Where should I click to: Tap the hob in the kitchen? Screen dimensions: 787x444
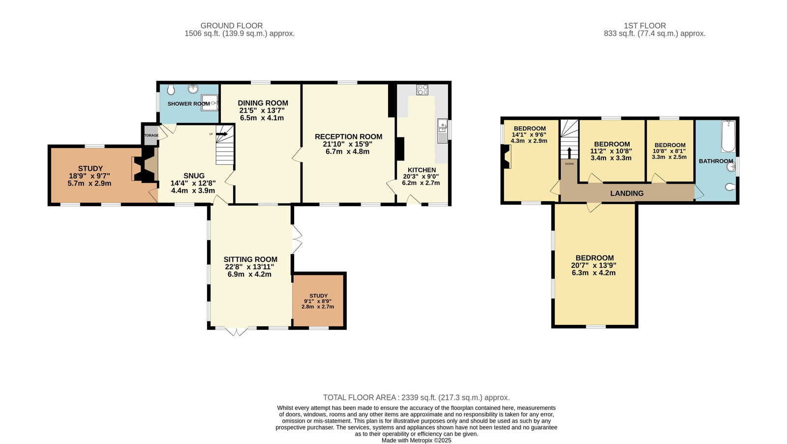pos(423,90)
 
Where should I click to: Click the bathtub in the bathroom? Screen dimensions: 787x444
pos(728,136)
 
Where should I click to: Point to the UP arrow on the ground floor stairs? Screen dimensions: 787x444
pos(222,134)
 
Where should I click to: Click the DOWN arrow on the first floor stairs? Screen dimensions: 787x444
pos(569,153)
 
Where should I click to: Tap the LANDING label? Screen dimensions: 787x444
pos(627,193)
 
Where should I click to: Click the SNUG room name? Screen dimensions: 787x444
pos(194,176)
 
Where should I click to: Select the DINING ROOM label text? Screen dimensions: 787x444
pos(263,103)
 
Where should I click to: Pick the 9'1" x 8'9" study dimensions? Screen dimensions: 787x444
pos(318,301)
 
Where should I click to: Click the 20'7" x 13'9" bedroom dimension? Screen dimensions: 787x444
pos(594,265)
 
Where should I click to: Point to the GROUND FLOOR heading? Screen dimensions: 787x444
pos(232,26)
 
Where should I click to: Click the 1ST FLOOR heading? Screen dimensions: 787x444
pos(645,26)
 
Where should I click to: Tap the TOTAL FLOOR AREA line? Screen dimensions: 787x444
pos(416,398)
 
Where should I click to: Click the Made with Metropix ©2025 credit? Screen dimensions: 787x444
pos(416,441)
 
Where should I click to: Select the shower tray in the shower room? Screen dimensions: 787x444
pos(210,103)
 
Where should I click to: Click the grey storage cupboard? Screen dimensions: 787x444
pos(150,135)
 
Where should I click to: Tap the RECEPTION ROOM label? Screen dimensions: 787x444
pos(349,137)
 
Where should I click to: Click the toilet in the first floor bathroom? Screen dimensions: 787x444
pos(730,187)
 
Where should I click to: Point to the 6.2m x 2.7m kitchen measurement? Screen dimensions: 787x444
pos(421,183)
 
